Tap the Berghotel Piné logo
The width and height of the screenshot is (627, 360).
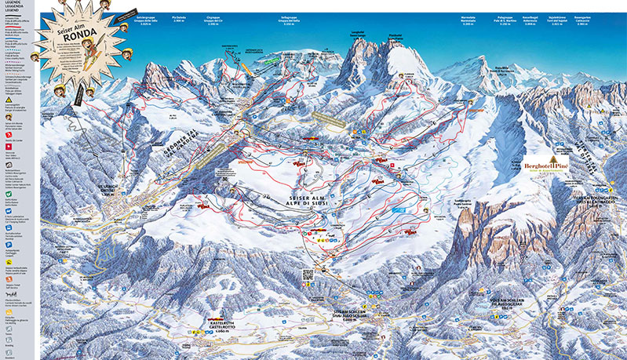[x=545, y=167]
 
